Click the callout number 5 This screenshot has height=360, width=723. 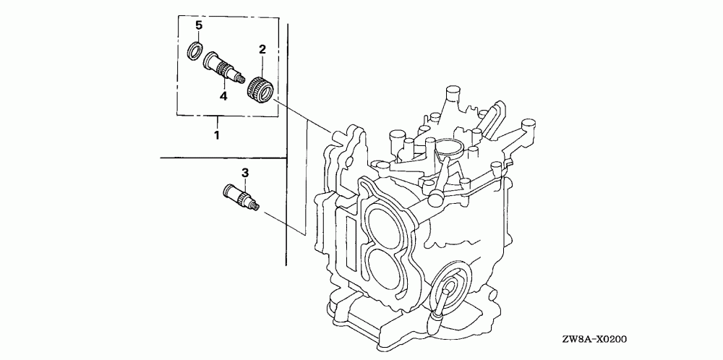coord(199,26)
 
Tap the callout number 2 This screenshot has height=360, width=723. coord(262,49)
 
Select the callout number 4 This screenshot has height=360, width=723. coord(224,95)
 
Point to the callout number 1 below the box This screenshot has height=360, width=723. coord(217,134)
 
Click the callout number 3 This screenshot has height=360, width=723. coord(244,173)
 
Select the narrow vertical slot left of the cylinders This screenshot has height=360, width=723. coord(352,238)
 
